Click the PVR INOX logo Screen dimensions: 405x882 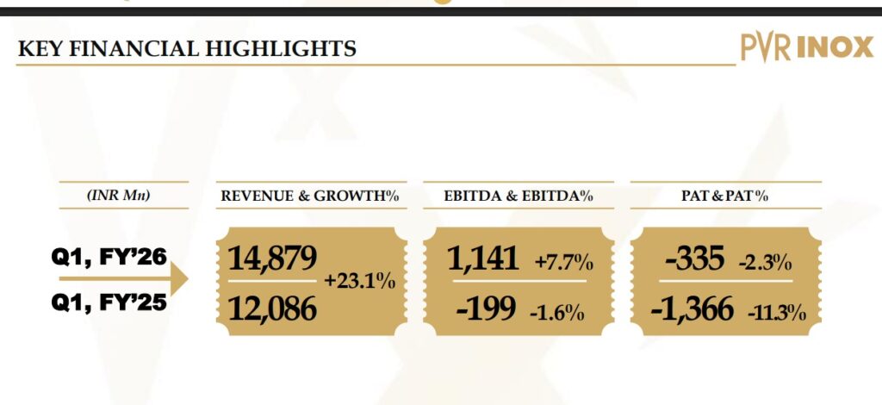[x=806, y=48]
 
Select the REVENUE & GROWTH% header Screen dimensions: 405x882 [x=309, y=196]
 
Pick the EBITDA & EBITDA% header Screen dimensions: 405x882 [x=519, y=196]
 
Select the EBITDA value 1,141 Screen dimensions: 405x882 [x=483, y=258]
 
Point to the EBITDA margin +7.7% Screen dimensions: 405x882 [x=563, y=260]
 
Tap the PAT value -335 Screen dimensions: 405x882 [x=694, y=258]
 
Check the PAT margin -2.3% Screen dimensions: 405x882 [x=765, y=262]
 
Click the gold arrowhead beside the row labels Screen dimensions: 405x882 [x=178, y=280]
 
